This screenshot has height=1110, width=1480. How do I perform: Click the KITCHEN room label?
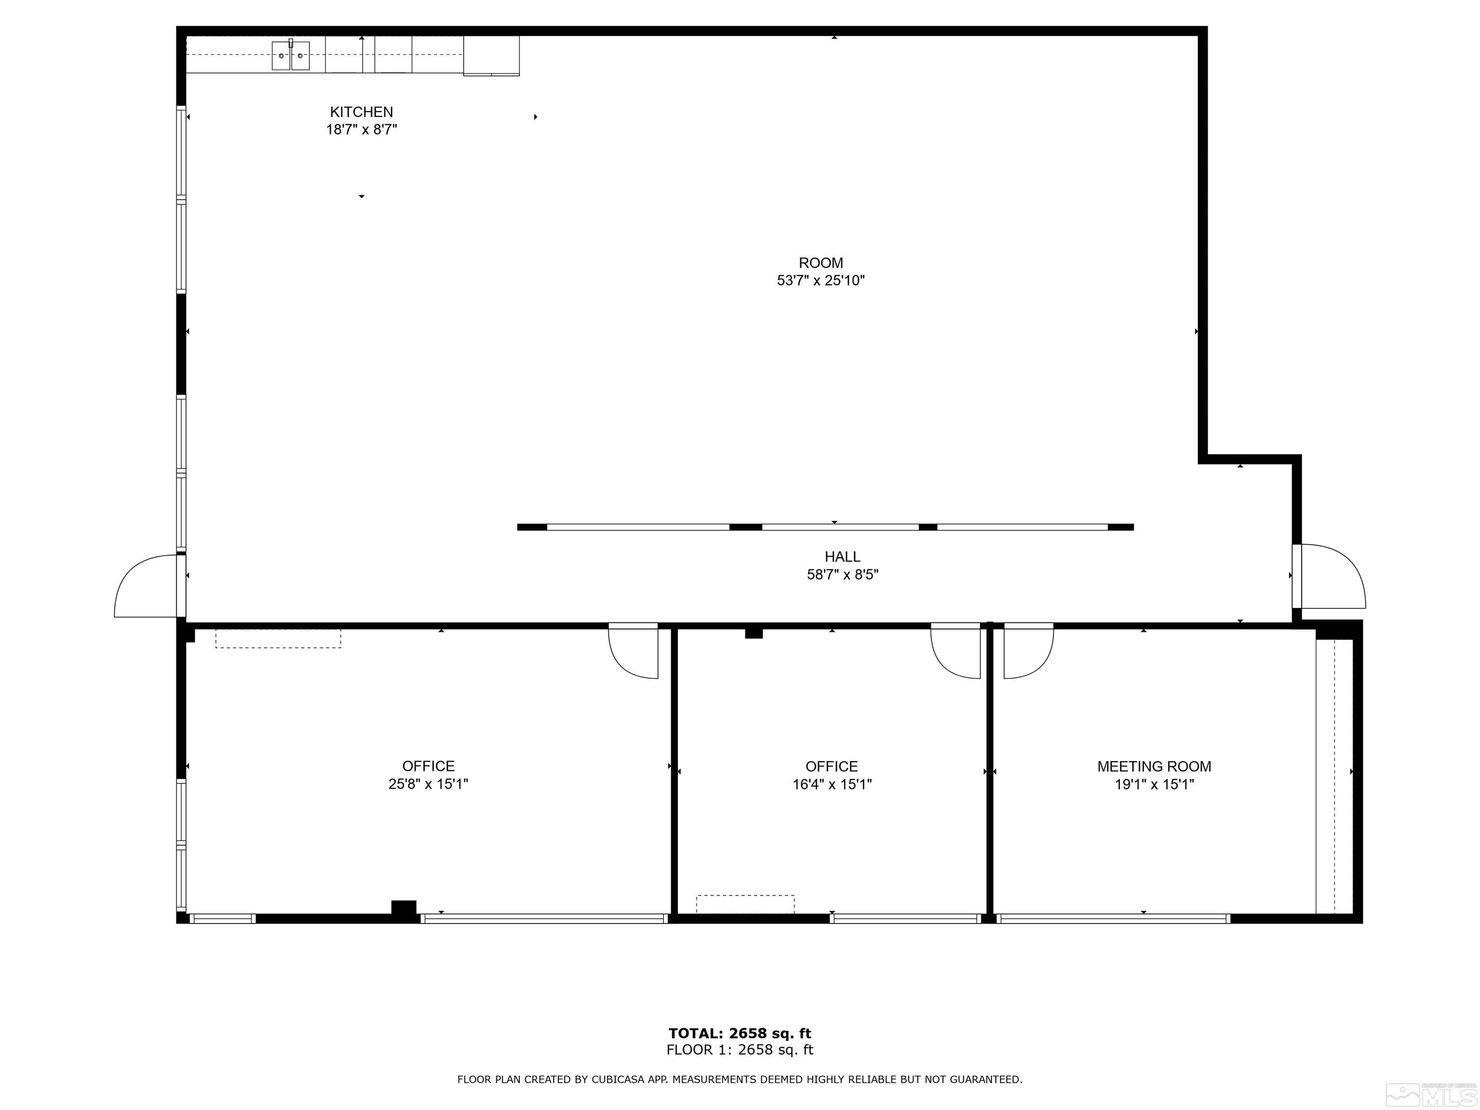[x=361, y=112]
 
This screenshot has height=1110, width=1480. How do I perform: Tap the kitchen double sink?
[x=291, y=55]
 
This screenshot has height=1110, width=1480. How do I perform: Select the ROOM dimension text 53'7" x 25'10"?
[x=820, y=280]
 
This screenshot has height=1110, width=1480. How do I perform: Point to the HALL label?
[x=842, y=556]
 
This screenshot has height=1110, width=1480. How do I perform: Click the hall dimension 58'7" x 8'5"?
[x=842, y=574]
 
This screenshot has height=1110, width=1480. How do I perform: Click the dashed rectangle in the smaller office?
[x=745, y=904]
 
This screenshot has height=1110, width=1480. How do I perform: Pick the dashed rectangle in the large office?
[x=277, y=638]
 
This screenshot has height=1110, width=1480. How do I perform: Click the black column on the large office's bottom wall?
[x=403, y=909]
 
